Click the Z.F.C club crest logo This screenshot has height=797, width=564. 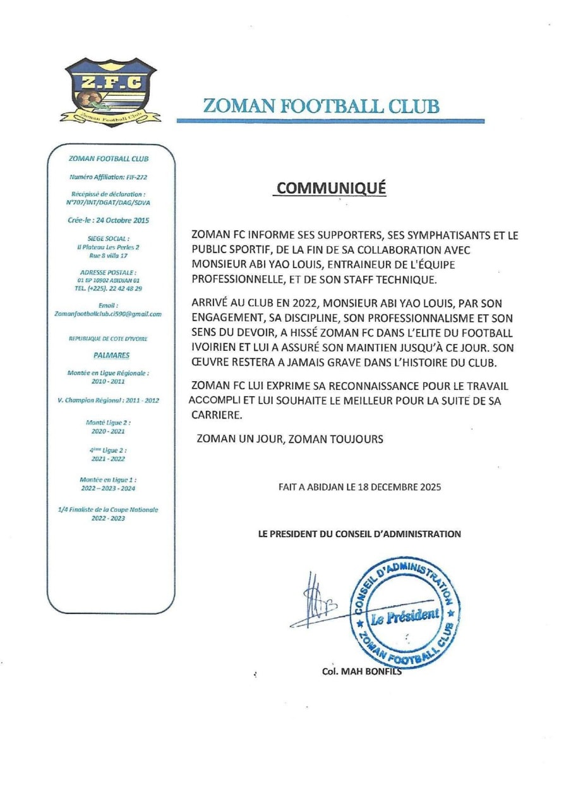click(x=110, y=92)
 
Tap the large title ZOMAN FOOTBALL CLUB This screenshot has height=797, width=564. click(x=321, y=105)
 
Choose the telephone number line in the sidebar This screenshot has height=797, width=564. click(x=109, y=288)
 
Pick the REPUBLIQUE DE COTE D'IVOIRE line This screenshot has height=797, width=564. click(x=109, y=339)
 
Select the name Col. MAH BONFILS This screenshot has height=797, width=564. click(x=361, y=671)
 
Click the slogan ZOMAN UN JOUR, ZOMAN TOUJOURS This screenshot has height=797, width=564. click(x=290, y=439)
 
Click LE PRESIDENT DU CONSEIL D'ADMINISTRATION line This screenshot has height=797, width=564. click(x=359, y=534)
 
